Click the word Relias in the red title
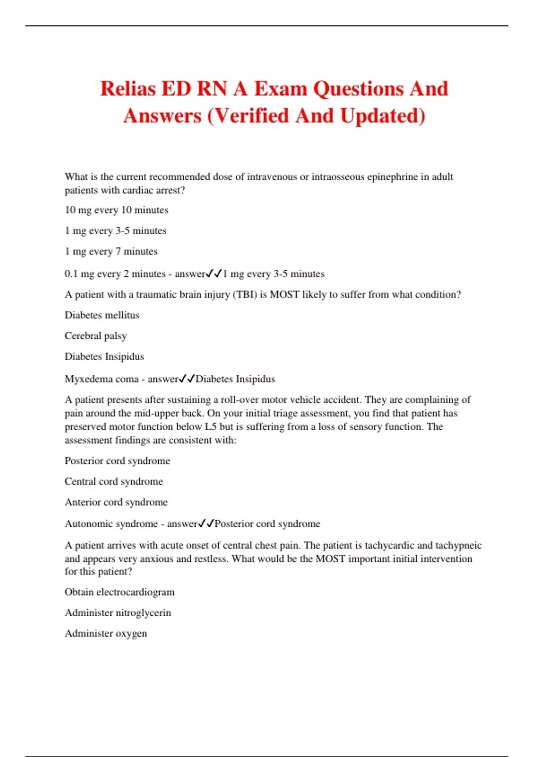coord(128,89)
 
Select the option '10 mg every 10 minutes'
coord(117,210)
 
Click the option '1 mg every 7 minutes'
coord(111,252)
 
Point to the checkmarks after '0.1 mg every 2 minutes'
coord(214,274)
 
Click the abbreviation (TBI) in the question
coord(245,295)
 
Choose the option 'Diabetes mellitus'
coord(102,315)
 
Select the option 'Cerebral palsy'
coord(96,336)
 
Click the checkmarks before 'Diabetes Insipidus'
coord(187,379)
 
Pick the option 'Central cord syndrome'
coord(113,481)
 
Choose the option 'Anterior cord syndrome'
coord(116,502)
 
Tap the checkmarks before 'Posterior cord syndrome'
coord(206,524)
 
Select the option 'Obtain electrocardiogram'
coord(120,592)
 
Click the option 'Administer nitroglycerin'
coord(118,613)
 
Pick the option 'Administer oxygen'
coord(106,634)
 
